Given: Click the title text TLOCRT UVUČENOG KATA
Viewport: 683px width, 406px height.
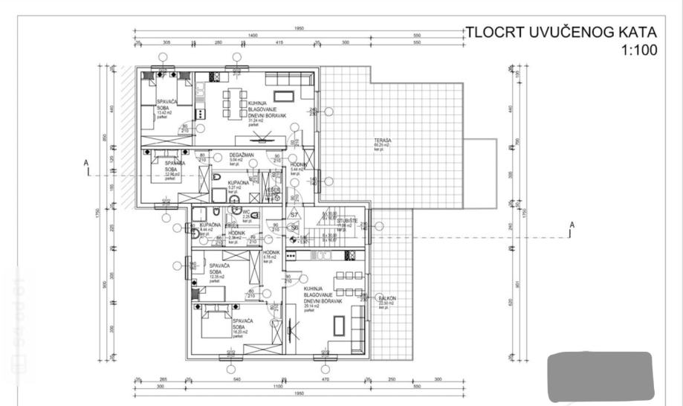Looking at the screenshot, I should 561,32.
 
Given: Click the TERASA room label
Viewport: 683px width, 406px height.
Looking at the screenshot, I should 383,141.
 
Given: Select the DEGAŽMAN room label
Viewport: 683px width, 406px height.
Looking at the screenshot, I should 221,155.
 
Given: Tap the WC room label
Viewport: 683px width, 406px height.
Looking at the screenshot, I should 246,211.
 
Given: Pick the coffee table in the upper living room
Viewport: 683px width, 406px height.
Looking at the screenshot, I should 285,96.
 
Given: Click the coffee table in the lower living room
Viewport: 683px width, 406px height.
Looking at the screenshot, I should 339,326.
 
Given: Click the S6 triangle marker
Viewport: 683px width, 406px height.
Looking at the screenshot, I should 294,227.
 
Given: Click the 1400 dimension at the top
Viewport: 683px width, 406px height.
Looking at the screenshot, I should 253,35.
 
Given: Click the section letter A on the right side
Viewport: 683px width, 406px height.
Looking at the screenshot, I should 572,224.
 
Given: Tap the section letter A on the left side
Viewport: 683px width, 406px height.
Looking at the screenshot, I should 86,162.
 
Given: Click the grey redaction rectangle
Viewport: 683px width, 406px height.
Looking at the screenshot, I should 600,377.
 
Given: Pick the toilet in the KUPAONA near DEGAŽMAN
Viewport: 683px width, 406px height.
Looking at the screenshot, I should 216,179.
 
